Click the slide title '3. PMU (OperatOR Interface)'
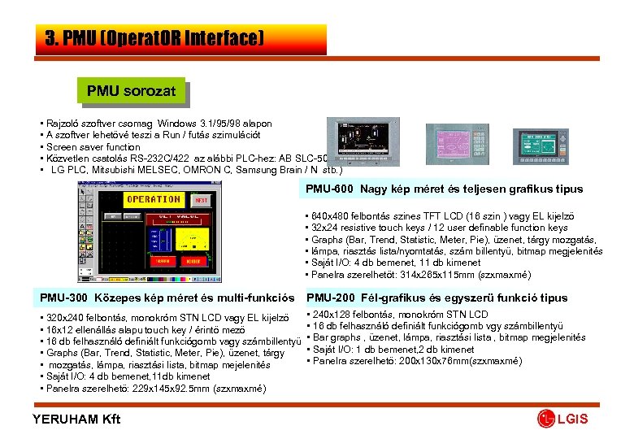coord(154,38)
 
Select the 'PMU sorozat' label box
coord(131,90)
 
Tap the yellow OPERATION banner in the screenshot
coord(153,200)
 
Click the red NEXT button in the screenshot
coord(201,200)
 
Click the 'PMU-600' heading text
coord(331,189)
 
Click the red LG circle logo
coord(545,419)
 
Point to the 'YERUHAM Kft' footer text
coord(76,419)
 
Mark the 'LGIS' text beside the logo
coord(574,419)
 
